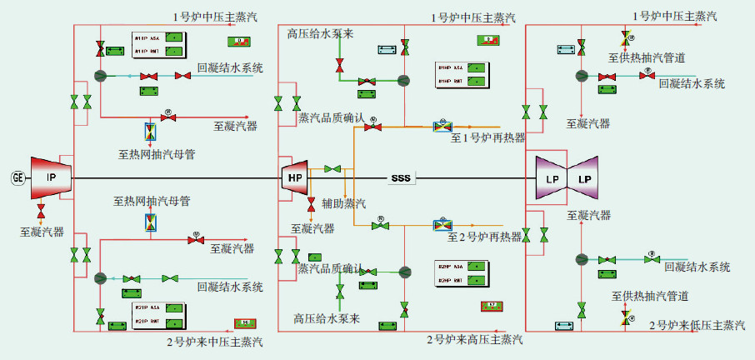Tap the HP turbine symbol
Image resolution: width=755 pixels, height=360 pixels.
tap(295, 177)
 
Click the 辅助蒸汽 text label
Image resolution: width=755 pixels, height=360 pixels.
tap(344, 203)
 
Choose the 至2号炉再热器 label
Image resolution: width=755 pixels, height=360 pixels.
tap(485, 237)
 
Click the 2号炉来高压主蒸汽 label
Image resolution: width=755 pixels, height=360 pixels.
tap(475, 339)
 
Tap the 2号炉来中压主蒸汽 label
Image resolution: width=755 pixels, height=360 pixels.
tap(215, 341)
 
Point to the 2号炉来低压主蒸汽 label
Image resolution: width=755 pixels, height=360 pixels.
tap(697, 324)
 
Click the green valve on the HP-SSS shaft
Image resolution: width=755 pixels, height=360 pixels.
tap(332, 169)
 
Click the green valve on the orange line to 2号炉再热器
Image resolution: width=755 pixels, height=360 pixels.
tap(380, 225)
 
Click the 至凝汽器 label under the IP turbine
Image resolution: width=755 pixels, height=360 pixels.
tap(42, 232)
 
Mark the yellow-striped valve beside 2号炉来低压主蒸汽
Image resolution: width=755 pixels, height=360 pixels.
tap(626, 317)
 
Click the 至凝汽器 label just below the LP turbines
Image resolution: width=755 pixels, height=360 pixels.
tap(588, 215)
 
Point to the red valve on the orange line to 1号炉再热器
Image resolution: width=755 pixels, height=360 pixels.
tap(372, 127)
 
